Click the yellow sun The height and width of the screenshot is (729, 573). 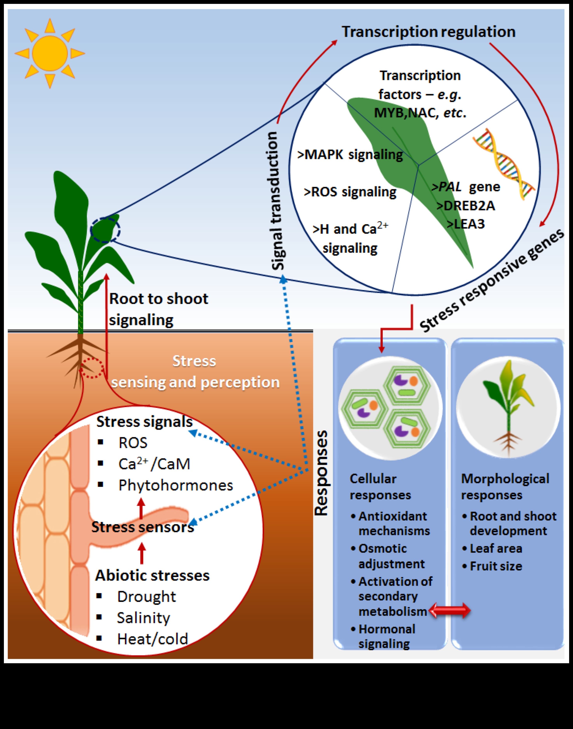(50, 53)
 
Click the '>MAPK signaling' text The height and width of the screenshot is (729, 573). (350, 155)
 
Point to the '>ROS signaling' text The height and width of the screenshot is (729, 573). (350, 192)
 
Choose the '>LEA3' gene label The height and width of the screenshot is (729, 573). (466, 224)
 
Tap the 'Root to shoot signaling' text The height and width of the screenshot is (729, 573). (158, 309)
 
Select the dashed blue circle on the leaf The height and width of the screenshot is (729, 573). (105, 230)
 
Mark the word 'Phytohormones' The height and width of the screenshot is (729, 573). (176, 485)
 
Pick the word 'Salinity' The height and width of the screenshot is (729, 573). (143, 618)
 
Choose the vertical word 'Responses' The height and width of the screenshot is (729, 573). (321, 473)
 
